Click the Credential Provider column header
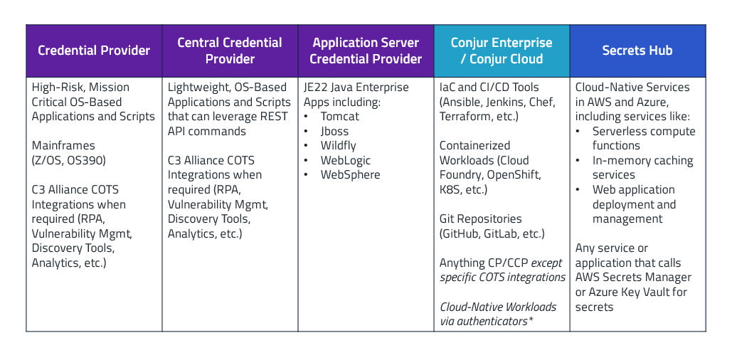[x=94, y=51]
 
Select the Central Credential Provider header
[x=230, y=51]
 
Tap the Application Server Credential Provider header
[x=366, y=51]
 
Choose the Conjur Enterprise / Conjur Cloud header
[x=502, y=51]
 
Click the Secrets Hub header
[x=637, y=51]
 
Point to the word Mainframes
[x=63, y=145]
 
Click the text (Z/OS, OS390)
[x=69, y=160]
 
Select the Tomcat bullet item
[x=340, y=117]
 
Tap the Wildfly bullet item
[x=339, y=146]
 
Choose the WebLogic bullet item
[x=346, y=161]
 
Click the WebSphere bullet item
[x=350, y=175]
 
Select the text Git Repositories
[x=481, y=219]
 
